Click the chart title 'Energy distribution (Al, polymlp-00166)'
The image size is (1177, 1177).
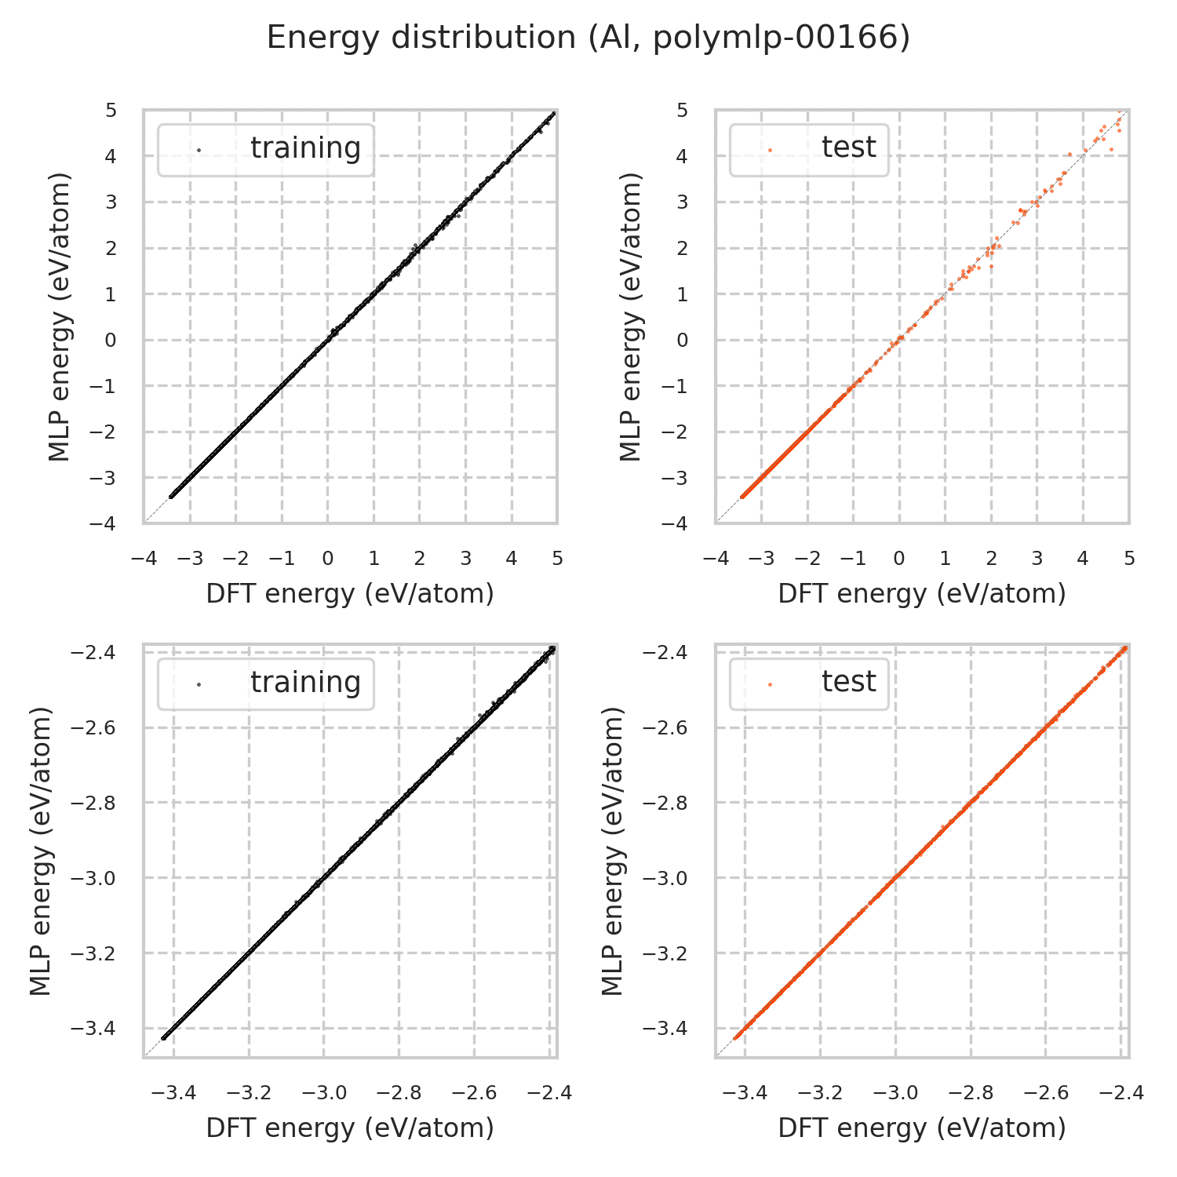pos(588,38)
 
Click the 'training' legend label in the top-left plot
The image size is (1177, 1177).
pos(305,148)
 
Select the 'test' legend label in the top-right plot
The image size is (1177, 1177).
pos(848,147)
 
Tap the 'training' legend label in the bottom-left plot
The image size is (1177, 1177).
pos(305,683)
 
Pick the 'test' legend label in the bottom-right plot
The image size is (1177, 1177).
pos(848,682)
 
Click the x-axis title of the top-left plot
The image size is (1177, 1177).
pos(350,594)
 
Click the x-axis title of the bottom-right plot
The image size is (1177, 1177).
pos(922,1128)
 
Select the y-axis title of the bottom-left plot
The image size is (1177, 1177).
pos(41,851)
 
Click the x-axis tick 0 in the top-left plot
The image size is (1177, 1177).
pos(328,559)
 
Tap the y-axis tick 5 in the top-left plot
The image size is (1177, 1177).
pos(111,111)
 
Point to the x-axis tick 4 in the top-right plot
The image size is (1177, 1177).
pos(1083,559)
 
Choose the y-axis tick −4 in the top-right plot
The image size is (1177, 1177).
pos(678,523)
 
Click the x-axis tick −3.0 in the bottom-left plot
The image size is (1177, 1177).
pos(323,1093)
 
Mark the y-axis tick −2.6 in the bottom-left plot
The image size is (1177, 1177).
pos(93,728)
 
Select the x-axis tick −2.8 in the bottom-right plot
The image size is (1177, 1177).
pos(971,1093)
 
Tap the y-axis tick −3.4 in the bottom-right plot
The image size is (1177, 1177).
pos(665,1029)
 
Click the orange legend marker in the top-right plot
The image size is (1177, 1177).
pos(770,149)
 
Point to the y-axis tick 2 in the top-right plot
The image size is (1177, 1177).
pos(683,248)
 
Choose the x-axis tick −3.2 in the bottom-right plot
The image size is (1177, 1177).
pos(820,1093)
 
